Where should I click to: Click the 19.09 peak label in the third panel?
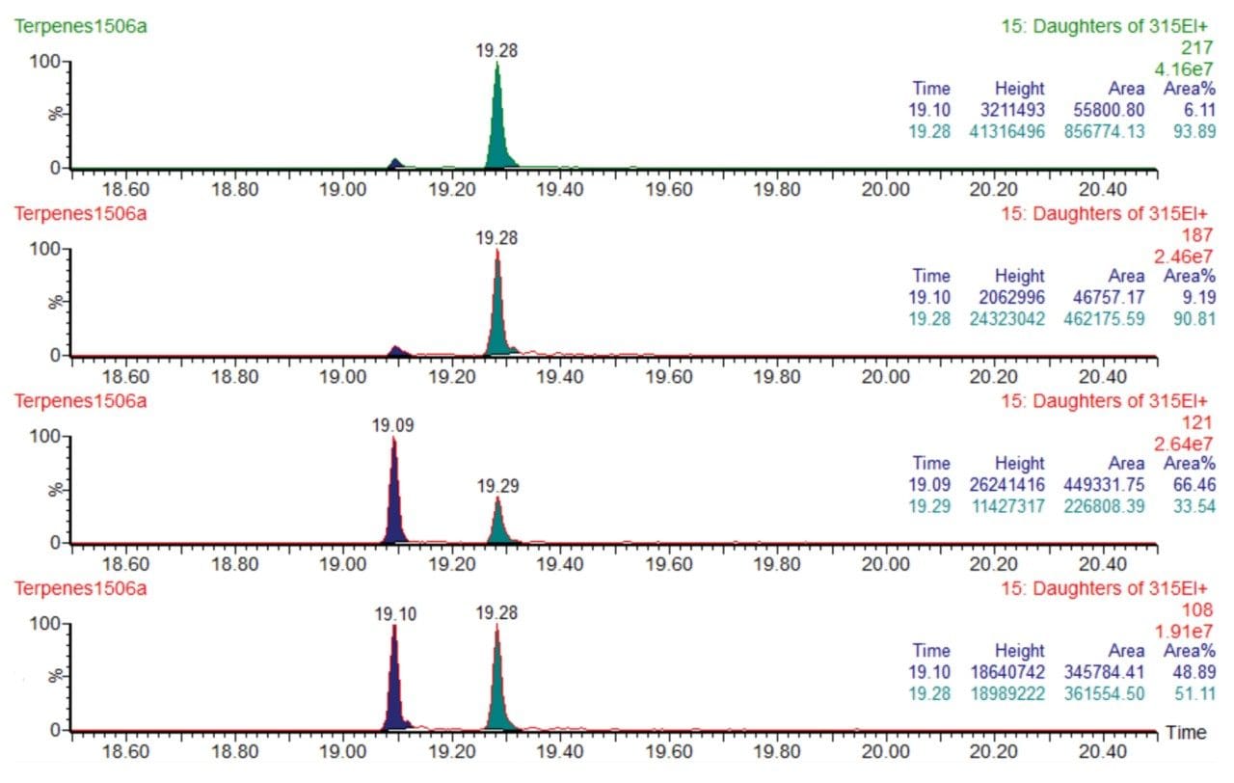392,425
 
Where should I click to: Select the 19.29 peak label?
497,487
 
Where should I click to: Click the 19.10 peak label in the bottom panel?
393,612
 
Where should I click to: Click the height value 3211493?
1005,111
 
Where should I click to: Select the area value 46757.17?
1107,298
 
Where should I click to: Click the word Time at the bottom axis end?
1186,733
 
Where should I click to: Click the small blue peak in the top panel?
394,164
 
